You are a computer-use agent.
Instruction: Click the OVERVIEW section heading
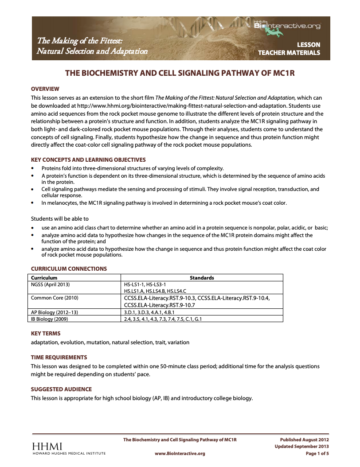point(45,89)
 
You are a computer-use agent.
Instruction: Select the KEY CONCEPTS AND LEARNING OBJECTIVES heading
point(88,160)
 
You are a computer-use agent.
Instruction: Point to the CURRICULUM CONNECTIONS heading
point(69,269)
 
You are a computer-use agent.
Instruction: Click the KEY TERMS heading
point(46,333)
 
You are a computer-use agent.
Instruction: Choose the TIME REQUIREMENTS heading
point(59,357)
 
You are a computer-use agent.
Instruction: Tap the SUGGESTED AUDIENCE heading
point(61,389)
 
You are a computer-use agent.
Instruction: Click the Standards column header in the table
point(202,278)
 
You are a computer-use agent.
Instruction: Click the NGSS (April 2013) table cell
point(50,284)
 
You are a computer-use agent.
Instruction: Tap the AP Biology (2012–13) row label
point(54,312)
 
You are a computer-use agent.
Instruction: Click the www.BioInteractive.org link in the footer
point(180,454)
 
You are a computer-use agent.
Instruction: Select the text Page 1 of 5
point(317,454)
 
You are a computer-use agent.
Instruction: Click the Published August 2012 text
point(305,440)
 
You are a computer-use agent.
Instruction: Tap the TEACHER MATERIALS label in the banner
point(289,53)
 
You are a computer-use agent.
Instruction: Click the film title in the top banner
point(92,46)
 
